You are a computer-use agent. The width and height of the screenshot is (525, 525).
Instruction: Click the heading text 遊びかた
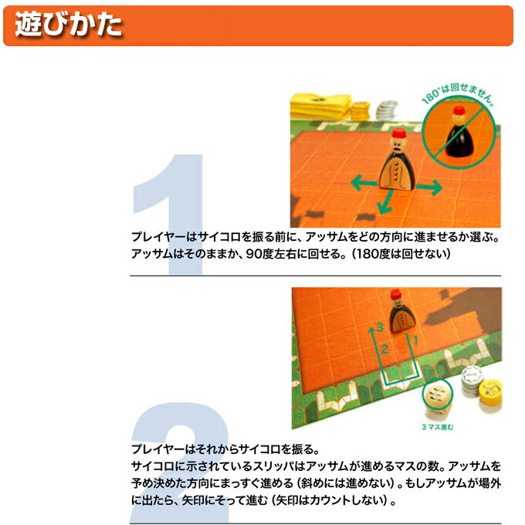(x=68, y=25)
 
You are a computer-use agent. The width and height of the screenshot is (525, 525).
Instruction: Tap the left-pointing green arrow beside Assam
(x=364, y=183)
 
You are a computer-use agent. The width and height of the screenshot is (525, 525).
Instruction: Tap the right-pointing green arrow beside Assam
(x=429, y=187)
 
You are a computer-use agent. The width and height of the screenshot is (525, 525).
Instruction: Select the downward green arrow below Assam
(x=385, y=202)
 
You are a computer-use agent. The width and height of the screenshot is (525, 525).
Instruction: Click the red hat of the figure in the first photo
(x=399, y=134)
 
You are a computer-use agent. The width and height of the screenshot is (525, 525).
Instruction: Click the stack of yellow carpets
(x=320, y=106)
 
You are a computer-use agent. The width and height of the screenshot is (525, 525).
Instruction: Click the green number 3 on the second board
(x=379, y=327)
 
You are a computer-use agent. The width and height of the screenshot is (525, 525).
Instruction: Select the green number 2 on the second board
(x=384, y=349)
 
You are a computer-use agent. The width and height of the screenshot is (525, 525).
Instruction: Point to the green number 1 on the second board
(x=415, y=340)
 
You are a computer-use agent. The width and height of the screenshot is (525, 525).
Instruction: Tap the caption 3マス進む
(x=437, y=427)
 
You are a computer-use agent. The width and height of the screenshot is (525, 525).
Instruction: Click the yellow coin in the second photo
(x=490, y=392)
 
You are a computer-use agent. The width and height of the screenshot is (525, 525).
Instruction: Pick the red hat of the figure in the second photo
(x=396, y=294)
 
